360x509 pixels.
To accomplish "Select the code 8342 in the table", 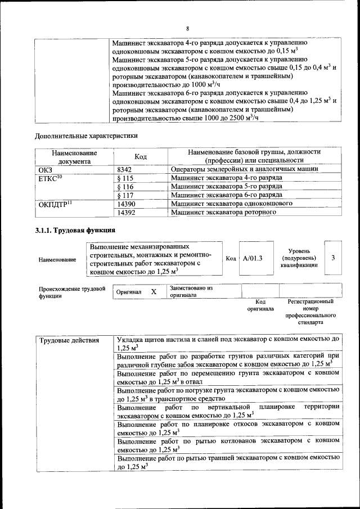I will tap(124, 169).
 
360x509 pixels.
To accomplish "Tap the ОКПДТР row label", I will tap(56, 204).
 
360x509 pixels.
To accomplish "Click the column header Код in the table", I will tap(140, 156).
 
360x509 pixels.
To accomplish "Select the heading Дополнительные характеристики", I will tap(86, 136).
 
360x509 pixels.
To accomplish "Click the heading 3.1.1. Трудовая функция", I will tap(75, 230).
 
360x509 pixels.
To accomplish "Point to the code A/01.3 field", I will tap(253, 258).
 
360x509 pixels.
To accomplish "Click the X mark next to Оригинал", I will tap(154, 292).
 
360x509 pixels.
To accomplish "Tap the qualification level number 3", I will tap(334, 258).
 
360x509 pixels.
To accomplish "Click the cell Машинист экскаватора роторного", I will tap(223, 213).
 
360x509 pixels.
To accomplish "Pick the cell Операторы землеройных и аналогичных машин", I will tap(245, 169).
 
